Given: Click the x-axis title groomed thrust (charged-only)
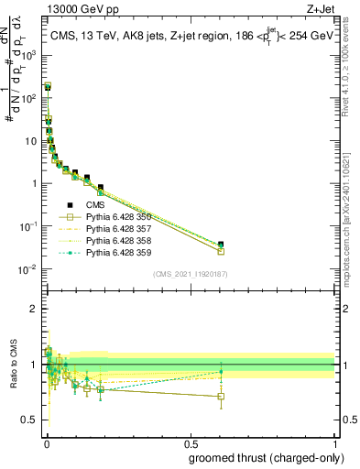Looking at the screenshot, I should click(260, 458).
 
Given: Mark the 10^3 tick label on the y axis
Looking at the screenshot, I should click(29, 55).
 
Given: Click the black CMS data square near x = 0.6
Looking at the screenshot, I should click(221, 245).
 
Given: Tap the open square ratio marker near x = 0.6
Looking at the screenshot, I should click(221, 397).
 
